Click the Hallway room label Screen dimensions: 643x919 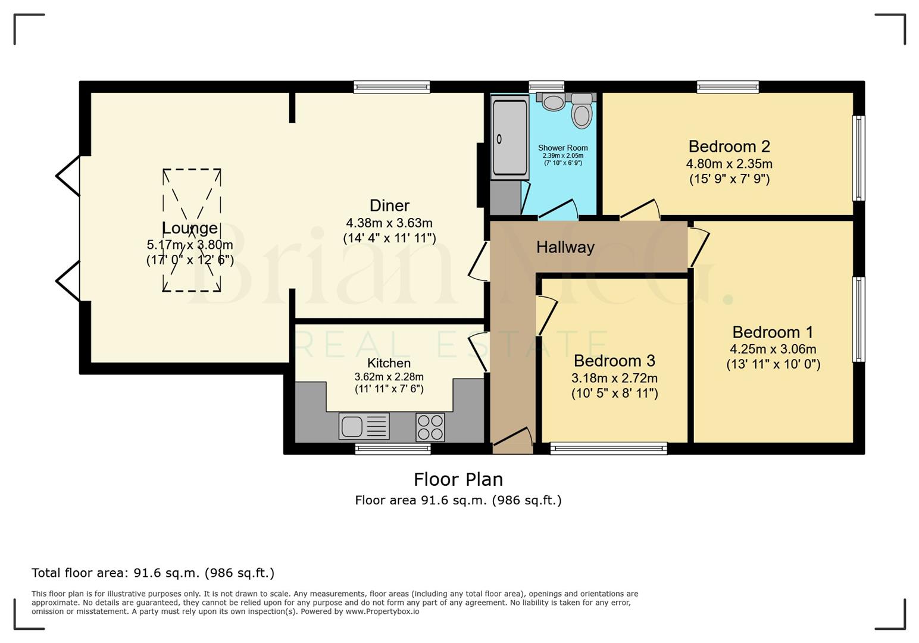tap(565, 247)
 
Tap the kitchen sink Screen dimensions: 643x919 tap(364, 426)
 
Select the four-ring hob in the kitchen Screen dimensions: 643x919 tap(430, 427)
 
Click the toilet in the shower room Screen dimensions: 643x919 tap(582, 113)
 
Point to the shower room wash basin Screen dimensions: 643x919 tap(554, 102)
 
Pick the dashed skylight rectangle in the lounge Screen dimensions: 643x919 tap(192, 230)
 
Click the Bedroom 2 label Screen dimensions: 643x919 tap(729, 146)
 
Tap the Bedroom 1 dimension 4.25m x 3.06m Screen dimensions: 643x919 tap(773, 349)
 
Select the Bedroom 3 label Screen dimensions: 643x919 tap(614, 361)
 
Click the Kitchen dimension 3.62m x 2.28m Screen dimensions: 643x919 tap(389, 377)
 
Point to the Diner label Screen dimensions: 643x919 tap(389, 206)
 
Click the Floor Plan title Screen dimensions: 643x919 tap(458, 479)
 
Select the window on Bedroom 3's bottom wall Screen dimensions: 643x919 tap(608, 448)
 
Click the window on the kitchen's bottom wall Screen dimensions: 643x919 tap(392, 448)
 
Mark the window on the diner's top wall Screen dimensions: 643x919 tap(391, 87)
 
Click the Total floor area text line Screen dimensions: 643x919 tap(153, 573)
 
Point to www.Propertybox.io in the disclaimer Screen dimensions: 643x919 tap(382, 611)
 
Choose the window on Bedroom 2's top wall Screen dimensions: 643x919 tap(727, 87)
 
